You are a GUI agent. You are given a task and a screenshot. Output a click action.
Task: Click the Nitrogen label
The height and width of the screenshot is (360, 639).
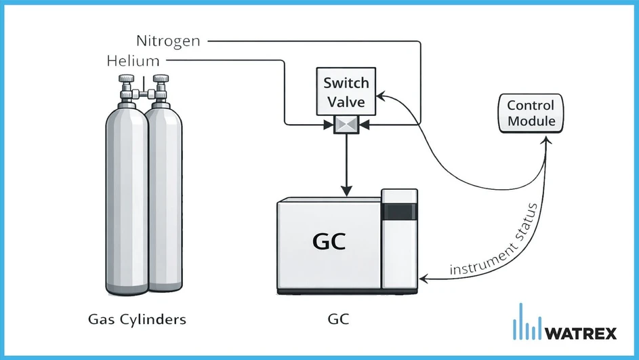click(167, 41)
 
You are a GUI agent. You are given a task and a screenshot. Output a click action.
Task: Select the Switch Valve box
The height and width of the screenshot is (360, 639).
click(346, 92)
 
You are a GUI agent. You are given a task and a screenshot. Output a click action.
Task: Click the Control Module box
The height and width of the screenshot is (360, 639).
click(531, 113)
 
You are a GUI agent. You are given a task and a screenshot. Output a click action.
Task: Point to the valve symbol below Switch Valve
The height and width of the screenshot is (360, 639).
click(346, 125)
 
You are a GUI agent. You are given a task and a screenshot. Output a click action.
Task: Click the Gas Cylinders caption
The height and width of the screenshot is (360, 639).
click(138, 318)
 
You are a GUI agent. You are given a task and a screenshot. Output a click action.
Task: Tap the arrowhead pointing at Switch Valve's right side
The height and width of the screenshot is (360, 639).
click(381, 94)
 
